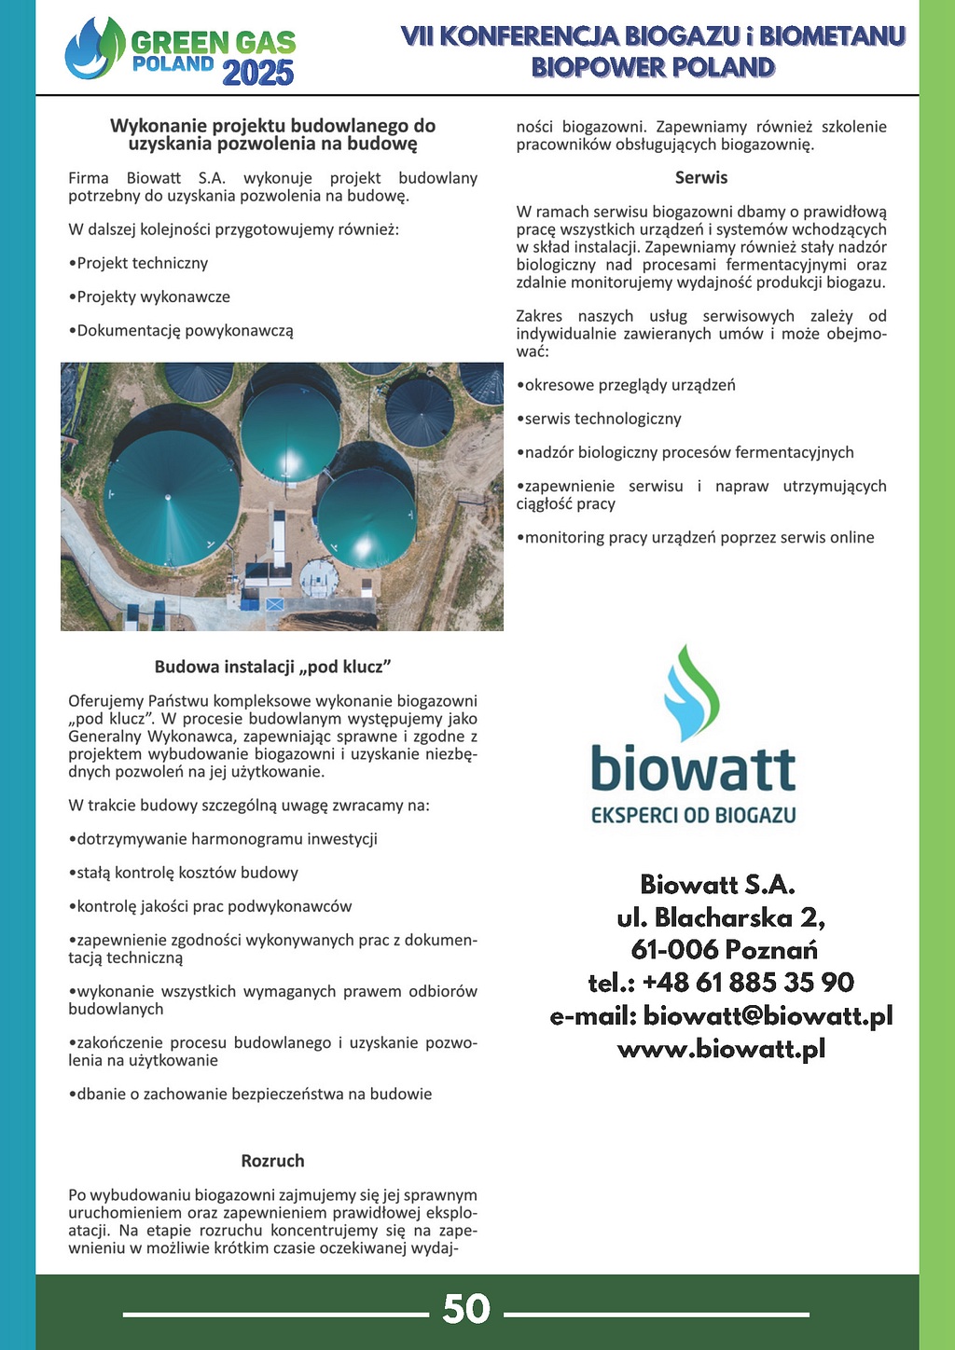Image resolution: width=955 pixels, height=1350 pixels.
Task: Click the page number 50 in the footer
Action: click(466, 1309)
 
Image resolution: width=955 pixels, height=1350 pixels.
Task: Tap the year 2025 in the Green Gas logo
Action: click(258, 73)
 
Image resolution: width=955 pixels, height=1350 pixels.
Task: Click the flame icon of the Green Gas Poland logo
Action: click(94, 48)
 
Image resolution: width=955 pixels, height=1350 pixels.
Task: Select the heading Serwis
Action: click(701, 177)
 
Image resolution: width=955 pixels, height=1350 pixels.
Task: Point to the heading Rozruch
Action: click(272, 1161)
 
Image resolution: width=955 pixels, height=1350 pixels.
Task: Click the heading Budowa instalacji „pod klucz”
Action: click(272, 667)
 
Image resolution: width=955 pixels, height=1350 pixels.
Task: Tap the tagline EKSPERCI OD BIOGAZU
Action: click(694, 816)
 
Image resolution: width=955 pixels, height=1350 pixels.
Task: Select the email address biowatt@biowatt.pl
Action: click(768, 1015)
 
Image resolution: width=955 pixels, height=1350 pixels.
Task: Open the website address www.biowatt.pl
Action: click(721, 1049)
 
